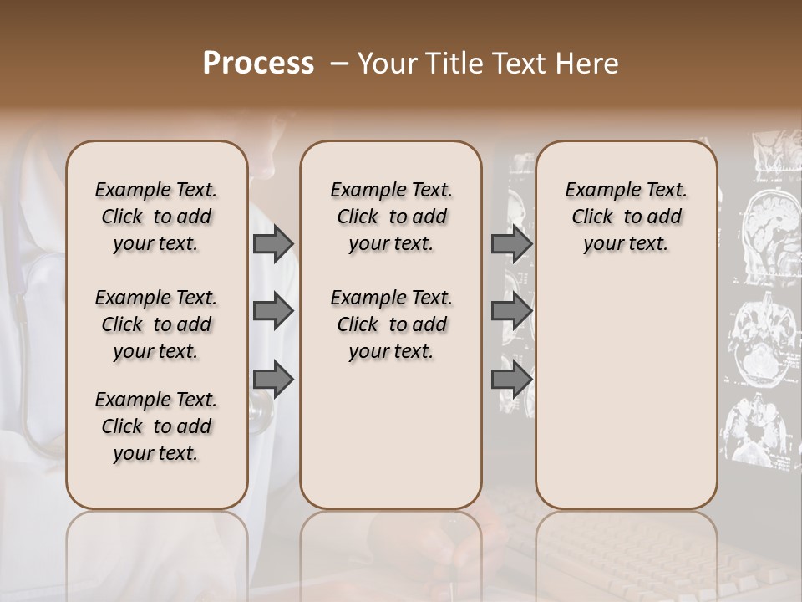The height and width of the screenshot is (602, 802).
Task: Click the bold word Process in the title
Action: tap(258, 64)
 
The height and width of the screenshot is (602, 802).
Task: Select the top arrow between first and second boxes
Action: tap(273, 244)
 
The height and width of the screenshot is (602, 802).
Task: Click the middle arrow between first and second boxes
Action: tap(273, 312)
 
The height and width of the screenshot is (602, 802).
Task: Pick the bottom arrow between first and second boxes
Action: tap(273, 380)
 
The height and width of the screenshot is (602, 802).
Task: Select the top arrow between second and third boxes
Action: tap(511, 244)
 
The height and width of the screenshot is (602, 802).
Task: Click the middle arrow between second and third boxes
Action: tap(511, 312)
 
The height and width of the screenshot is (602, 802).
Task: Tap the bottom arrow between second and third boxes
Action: tap(511, 380)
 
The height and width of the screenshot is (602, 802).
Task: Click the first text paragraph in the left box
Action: tap(156, 217)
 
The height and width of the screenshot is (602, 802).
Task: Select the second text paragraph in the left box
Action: tap(156, 324)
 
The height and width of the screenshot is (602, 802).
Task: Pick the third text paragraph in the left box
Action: tap(156, 426)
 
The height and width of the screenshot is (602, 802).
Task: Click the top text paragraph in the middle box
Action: tap(391, 217)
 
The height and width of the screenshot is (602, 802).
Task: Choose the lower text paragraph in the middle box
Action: tap(391, 324)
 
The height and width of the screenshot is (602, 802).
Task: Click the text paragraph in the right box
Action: tap(626, 217)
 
